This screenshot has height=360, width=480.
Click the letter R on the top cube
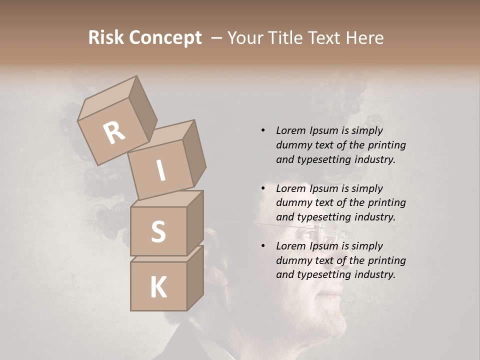tap(114, 133)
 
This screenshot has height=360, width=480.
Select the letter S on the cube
tap(158, 231)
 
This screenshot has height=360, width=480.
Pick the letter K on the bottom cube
tap(158, 287)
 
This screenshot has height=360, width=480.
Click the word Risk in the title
tap(106, 38)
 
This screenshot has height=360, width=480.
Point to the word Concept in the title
tap(165, 38)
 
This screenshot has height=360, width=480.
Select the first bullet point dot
tap(263, 130)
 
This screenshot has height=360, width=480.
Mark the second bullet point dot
tap(263, 188)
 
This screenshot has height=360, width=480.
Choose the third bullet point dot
tap(263, 246)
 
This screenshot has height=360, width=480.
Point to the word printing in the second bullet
tap(387, 202)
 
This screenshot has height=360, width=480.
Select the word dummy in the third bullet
tap(292, 260)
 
